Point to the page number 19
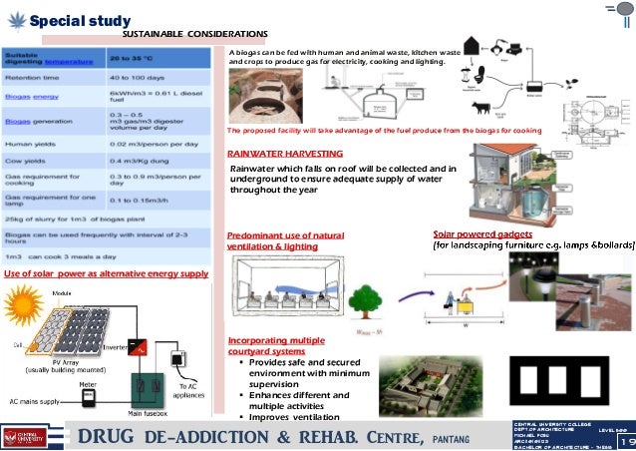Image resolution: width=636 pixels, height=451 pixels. click(x=626, y=440)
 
